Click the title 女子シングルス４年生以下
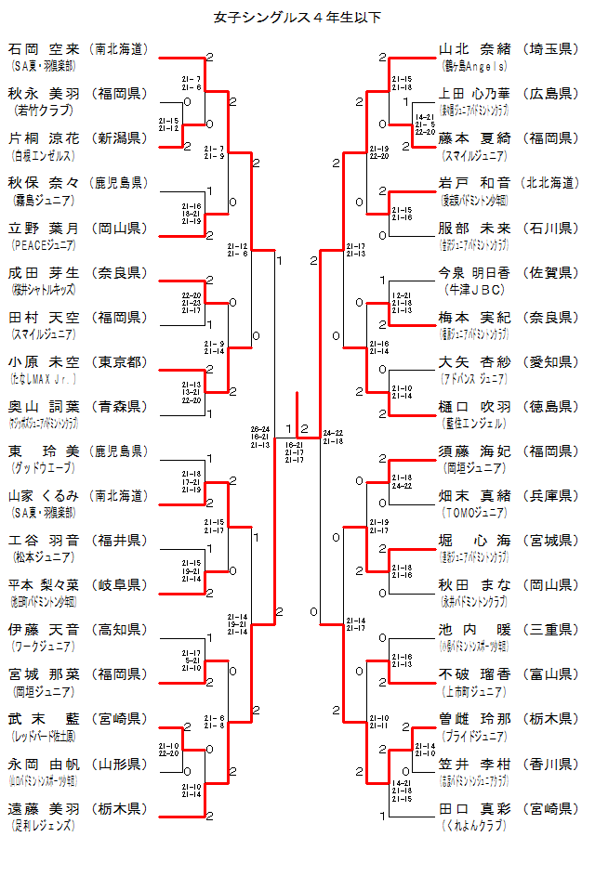[297, 17]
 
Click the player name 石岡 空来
[45, 48]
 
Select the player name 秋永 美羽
[45, 93]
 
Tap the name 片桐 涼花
[45, 137]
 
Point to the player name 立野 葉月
[45, 228]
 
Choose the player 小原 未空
[45, 361]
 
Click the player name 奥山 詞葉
[45, 406]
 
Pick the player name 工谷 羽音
[45, 540]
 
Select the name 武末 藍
[45, 719]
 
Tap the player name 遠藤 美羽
[45, 808]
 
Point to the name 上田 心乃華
[475, 93]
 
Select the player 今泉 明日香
[475, 272]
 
